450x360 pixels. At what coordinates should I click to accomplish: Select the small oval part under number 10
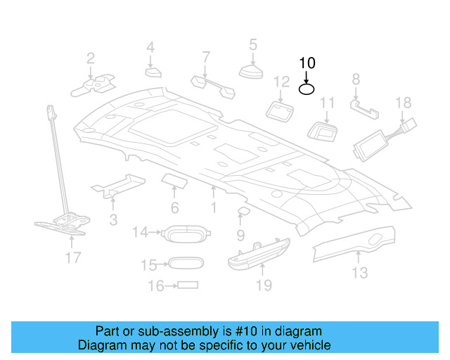[x=307, y=89]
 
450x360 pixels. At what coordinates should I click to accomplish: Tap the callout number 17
[x=73, y=258]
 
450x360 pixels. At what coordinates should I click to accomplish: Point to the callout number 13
[x=359, y=272]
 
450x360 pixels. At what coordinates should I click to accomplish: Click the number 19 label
[x=263, y=285]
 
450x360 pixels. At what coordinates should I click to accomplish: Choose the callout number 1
[x=213, y=209]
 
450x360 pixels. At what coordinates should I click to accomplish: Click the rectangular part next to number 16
[x=188, y=285]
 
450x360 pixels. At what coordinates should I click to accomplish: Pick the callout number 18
[x=403, y=103]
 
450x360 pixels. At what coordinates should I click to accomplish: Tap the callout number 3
[x=113, y=220]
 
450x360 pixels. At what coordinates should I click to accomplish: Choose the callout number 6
[x=174, y=208]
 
